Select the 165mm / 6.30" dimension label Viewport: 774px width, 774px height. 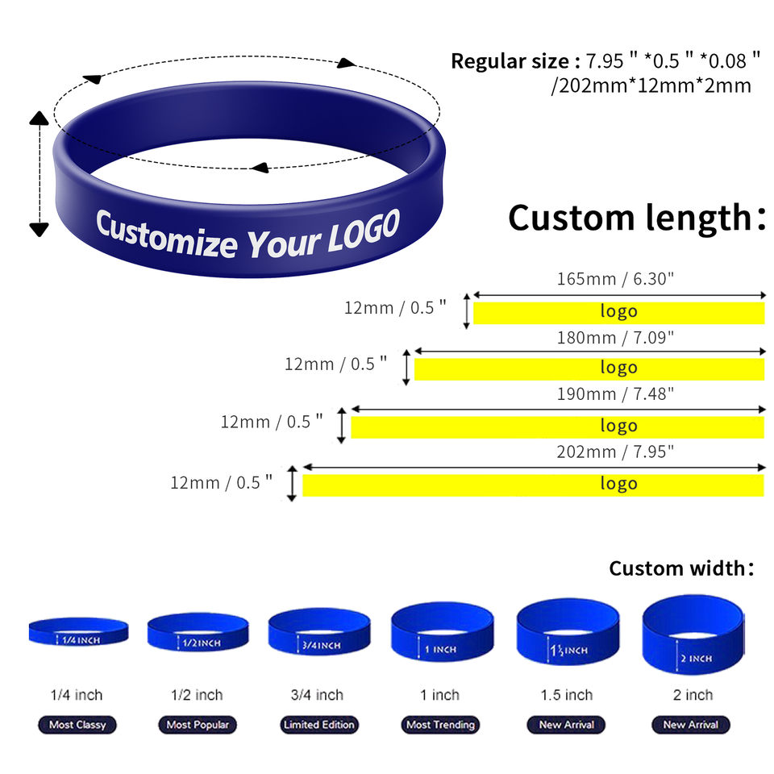pos(615,279)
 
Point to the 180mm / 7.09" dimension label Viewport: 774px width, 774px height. pos(615,336)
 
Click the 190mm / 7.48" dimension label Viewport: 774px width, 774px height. pos(615,393)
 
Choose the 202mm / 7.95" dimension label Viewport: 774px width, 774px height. pos(615,451)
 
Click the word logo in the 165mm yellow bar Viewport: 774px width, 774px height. pos(618,311)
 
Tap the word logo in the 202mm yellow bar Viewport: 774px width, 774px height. pos(618,484)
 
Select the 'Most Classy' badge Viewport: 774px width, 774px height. pos(77,725)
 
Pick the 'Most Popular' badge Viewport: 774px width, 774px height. pos(198,725)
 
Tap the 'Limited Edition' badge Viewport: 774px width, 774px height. pos(318,725)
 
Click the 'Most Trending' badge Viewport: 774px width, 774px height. pos(441,725)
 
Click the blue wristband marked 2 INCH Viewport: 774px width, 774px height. pos(692,636)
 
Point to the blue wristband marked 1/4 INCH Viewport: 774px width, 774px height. pos(78,631)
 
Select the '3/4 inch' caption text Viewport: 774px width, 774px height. pos(318,695)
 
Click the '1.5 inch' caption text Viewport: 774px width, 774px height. pos(567,695)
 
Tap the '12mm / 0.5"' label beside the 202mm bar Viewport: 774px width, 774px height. pos(221,483)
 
